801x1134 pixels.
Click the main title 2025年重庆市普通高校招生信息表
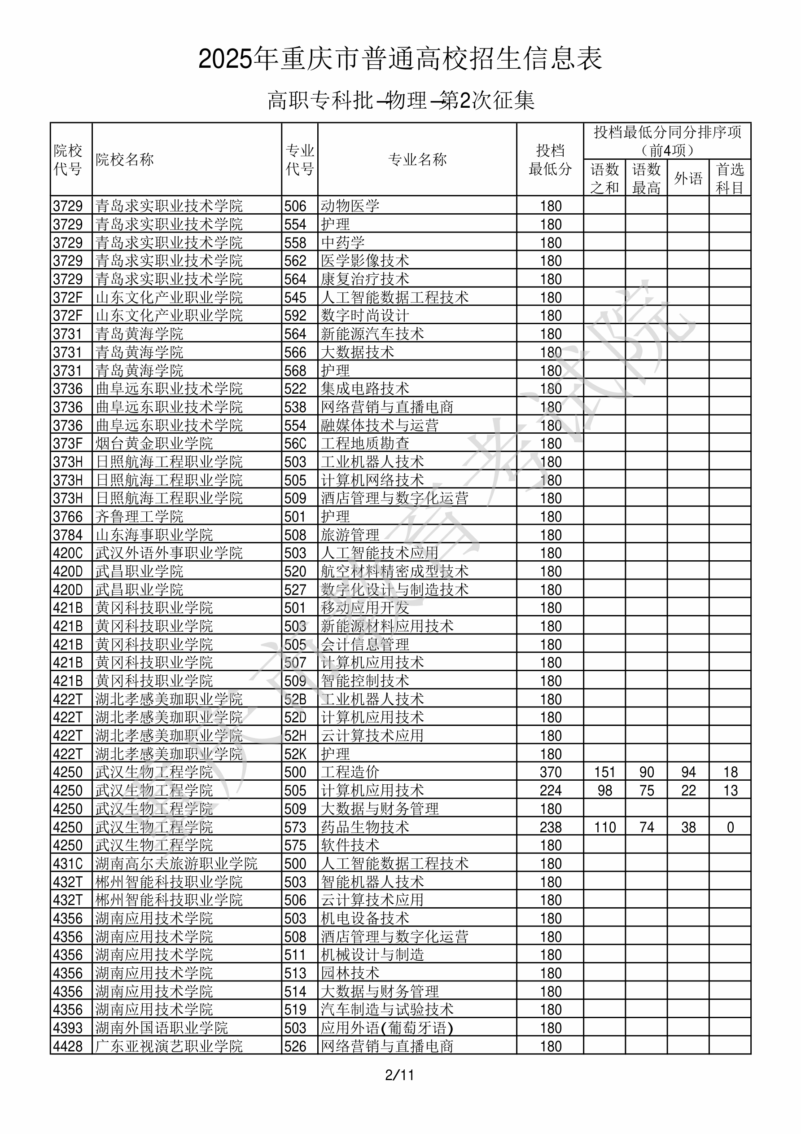click(x=400, y=59)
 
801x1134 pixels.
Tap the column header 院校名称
click(x=125, y=159)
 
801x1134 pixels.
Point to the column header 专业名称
click(x=417, y=159)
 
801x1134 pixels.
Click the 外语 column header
click(x=688, y=178)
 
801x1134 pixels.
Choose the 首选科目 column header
click(x=730, y=178)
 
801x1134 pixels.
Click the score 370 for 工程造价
click(x=551, y=772)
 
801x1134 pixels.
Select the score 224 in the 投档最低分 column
click(x=551, y=790)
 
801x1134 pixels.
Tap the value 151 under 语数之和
click(x=604, y=772)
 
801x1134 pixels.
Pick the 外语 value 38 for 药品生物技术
click(x=688, y=827)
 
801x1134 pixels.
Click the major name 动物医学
click(x=350, y=206)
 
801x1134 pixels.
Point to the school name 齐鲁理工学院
click(x=139, y=517)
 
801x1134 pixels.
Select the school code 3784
click(x=68, y=535)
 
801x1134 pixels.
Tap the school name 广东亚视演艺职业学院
click(x=169, y=1046)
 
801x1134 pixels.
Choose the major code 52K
click(x=295, y=754)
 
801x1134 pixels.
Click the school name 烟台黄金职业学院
click(x=154, y=444)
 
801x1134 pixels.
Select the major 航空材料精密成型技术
click(x=394, y=571)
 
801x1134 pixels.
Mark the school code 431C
click(x=68, y=864)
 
